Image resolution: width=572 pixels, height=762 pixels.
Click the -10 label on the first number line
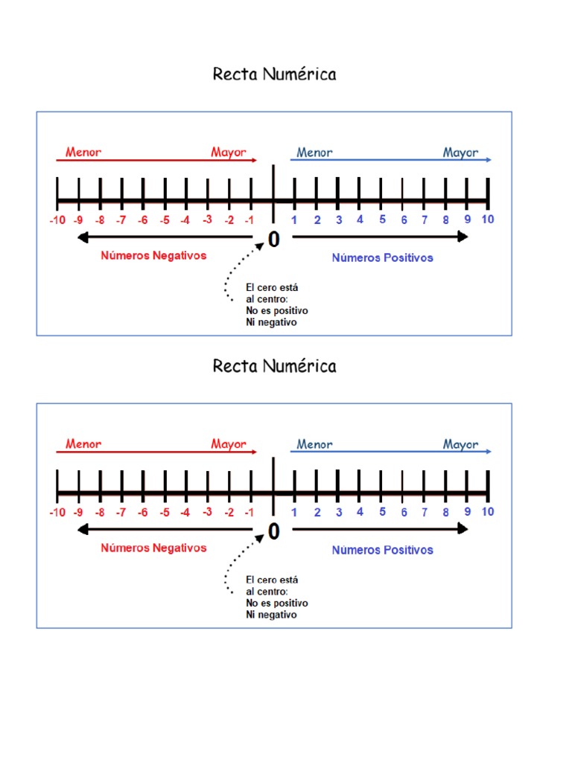(57, 220)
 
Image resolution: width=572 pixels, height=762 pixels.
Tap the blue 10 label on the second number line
(488, 511)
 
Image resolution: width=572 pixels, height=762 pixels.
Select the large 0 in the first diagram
(274, 240)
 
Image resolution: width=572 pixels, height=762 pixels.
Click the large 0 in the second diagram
(274, 531)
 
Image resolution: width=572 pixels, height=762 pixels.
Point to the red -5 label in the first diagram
(164, 220)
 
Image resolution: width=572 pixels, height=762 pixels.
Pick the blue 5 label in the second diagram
(382, 511)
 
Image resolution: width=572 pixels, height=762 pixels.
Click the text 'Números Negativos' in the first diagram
(153, 255)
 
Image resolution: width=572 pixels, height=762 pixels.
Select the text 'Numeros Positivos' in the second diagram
(382, 550)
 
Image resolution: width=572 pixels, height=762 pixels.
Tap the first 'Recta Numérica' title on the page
(274, 74)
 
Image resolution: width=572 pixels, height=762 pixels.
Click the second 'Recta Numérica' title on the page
(274, 366)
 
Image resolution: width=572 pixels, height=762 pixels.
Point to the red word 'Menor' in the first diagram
(83, 153)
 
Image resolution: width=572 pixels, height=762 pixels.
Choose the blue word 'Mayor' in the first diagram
(460, 153)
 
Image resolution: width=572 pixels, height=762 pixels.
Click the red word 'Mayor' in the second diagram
(228, 444)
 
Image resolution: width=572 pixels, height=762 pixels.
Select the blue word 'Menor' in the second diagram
(314, 444)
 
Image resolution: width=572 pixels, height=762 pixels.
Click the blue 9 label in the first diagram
(468, 220)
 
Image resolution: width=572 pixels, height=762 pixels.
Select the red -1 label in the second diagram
(250, 512)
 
